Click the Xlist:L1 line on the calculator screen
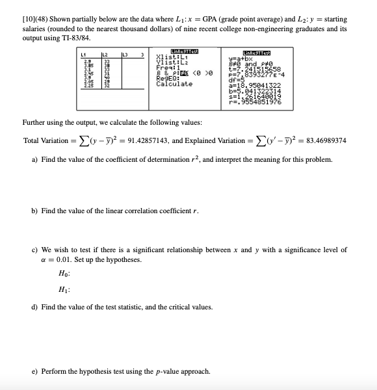point(170,57)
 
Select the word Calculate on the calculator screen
point(174,84)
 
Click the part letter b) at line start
point(36,211)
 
